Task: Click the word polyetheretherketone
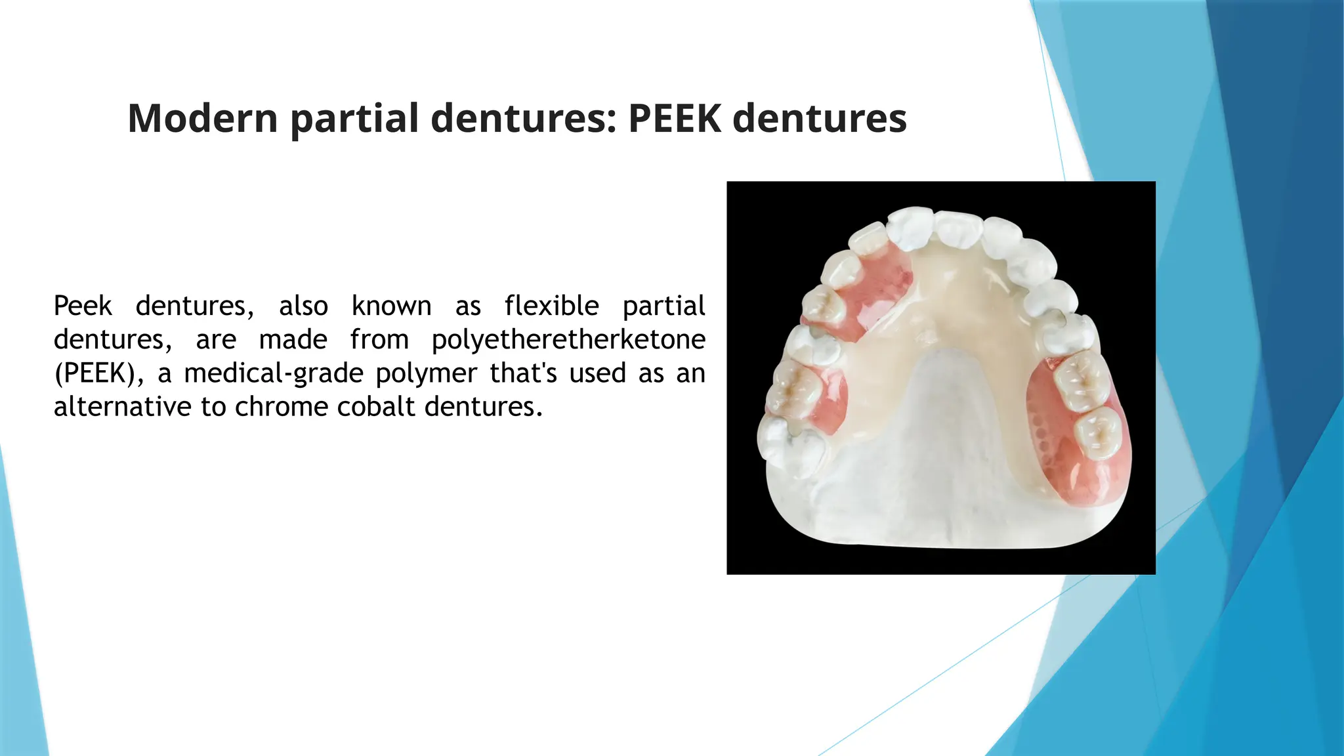568,340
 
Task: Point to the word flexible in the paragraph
551,306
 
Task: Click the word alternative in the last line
122,407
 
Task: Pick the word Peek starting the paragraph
83,306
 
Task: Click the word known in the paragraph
391,306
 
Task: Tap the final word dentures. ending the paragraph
484,407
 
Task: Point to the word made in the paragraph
293,340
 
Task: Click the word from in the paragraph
379,340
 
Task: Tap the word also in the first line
303,306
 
